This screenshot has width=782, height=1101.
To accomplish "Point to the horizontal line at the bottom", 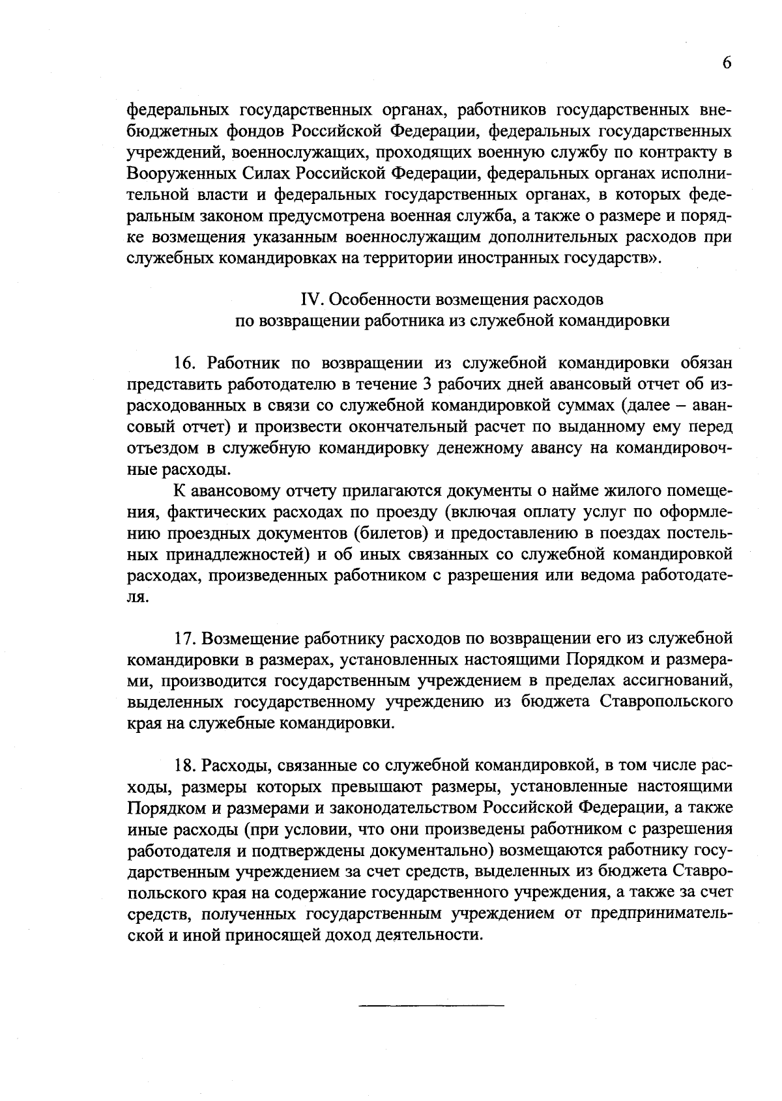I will click(431, 1007).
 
